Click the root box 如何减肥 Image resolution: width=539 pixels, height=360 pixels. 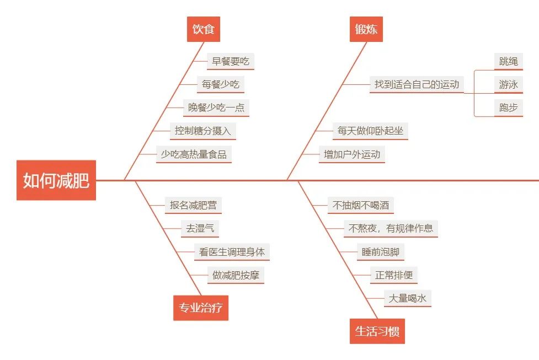click(56, 180)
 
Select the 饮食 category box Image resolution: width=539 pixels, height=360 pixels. click(204, 29)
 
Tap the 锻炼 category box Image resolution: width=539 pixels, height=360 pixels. click(366, 29)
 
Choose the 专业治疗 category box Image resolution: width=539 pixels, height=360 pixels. click(201, 308)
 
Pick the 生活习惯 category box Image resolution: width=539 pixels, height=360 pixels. click(377, 331)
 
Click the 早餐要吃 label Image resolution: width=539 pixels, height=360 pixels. click(231, 61)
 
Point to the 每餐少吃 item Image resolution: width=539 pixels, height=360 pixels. click(220, 84)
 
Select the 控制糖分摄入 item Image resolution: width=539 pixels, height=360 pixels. click(202, 131)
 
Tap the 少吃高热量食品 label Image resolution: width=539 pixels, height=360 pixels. click(194, 154)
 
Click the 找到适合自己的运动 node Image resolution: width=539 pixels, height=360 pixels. click(417, 84)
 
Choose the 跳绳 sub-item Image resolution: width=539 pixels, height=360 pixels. click(508, 61)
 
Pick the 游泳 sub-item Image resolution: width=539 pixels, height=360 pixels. click(508, 84)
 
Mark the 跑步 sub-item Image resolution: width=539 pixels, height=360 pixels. click(508, 108)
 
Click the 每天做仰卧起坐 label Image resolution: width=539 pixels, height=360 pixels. click(370, 131)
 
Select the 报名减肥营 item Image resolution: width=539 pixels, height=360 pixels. click(193, 205)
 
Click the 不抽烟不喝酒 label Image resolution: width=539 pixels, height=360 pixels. click(361, 206)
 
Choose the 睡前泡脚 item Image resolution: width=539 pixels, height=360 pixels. click(380, 252)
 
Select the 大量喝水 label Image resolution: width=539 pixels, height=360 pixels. click(407, 298)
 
